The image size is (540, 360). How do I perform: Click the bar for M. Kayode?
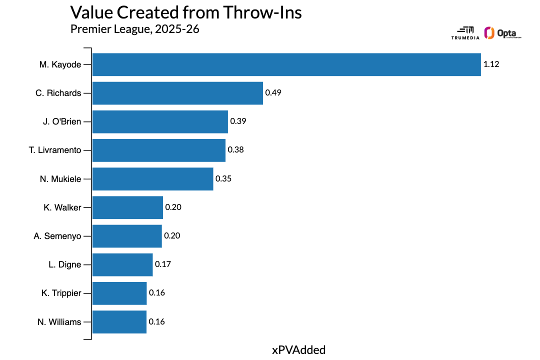click(286, 64)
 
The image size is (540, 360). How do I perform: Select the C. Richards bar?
click(177, 93)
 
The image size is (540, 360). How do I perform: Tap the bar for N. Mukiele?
click(152, 178)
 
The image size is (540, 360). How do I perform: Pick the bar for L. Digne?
click(122, 264)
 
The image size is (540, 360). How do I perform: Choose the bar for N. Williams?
click(119, 321)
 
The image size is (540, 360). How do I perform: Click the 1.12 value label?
click(491, 64)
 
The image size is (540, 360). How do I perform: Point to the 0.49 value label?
click(273, 93)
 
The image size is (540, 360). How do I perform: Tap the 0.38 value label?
click(236, 150)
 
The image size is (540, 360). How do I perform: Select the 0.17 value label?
click(163, 264)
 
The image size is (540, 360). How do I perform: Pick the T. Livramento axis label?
click(55, 150)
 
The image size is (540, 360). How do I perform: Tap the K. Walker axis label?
click(62, 207)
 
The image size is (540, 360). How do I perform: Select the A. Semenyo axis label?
click(57, 236)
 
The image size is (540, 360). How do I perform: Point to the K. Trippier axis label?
click(61, 293)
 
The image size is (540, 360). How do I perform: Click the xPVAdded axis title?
click(298, 350)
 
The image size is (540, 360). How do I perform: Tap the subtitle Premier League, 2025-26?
click(135, 29)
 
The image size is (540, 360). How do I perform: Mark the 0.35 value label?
click(223, 178)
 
